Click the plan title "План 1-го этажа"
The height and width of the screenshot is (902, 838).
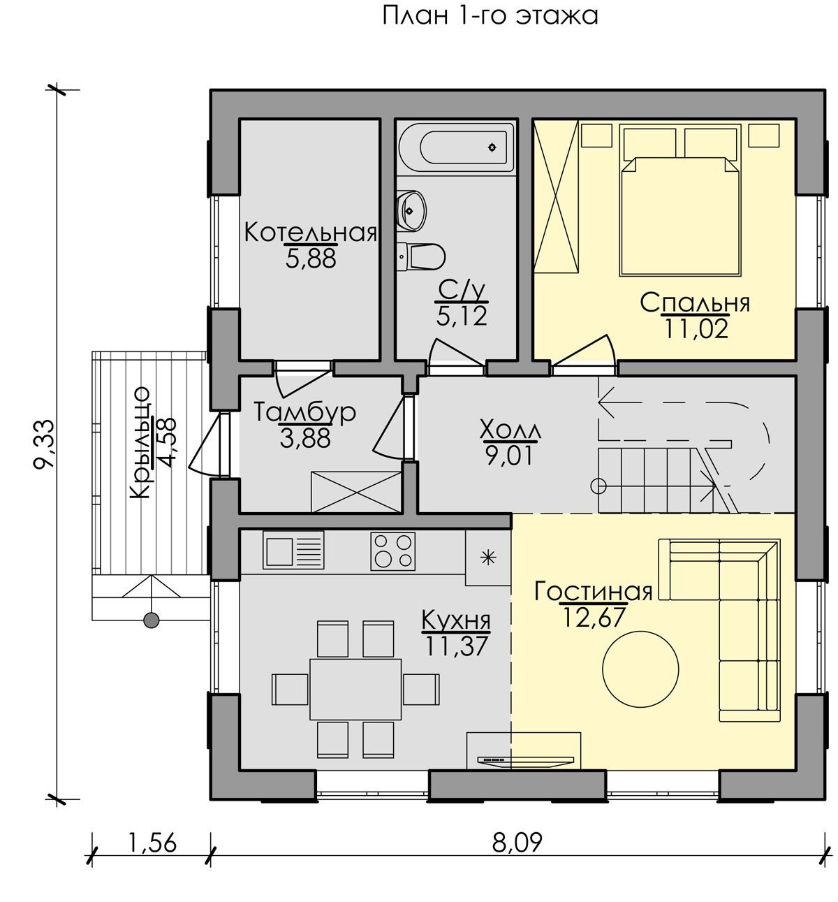tap(490, 16)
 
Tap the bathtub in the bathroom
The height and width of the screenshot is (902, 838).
tap(456, 147)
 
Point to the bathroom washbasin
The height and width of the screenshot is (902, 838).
tap(411, 210)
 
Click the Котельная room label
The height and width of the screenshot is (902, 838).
tap(311, 233)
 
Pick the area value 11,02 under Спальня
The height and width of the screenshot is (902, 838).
tap(696, 328)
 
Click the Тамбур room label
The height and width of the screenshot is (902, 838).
tap(304, 412)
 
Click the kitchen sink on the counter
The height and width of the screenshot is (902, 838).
tap(293, 551)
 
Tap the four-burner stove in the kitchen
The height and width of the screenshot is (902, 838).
tap(392, 551)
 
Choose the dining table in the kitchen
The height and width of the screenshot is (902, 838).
tap(355, 689)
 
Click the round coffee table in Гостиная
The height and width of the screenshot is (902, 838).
tap(640, 668)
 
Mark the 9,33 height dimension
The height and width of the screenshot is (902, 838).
tap(45, 444)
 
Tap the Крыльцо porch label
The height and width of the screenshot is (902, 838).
tap(140, 443)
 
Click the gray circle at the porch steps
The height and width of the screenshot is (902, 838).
tap(152, 620)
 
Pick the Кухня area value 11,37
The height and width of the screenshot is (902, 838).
tap(456, 646)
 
